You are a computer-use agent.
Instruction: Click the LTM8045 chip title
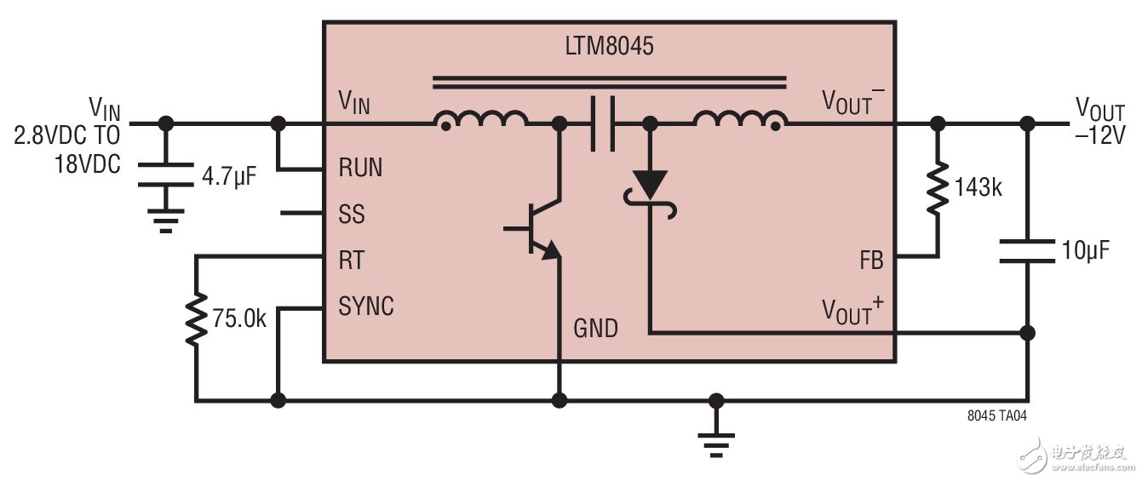click(609, 46)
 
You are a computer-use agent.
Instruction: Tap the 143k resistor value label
click(978, 187)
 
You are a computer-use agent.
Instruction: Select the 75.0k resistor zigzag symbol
click(196, 319)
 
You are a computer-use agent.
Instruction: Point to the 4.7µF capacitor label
click(229, 176)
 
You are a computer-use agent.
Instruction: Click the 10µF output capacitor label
click(1085, 250)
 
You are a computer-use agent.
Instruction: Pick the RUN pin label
click(360, 168)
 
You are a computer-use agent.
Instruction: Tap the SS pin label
click(352, 214)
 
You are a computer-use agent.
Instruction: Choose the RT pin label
click(352, 261)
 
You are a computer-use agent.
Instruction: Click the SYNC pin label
click(366, 306)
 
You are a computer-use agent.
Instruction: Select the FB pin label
click(871, 261)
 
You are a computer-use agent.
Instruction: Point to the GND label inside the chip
click(595, 329)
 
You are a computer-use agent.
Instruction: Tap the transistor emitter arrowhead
click(551, 251)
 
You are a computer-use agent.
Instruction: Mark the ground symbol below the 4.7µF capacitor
click(166, 220)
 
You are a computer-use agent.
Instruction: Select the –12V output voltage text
click(1099, 135)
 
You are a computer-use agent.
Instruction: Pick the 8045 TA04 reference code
click(996, 415)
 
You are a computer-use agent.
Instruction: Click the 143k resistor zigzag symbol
click(938, 188)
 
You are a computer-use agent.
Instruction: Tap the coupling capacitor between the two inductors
click(603, 123)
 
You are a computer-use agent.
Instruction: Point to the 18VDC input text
click(88, 164)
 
